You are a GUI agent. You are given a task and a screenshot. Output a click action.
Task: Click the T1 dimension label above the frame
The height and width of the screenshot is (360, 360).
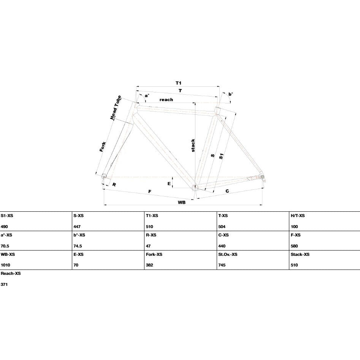click(x=178, y=83)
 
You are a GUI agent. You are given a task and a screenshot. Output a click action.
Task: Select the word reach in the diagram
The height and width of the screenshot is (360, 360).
click(x=166, y=100)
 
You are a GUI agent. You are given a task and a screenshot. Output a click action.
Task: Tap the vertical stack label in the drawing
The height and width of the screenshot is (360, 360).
click(x=193, y=145)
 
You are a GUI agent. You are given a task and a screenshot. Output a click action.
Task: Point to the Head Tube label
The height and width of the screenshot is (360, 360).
click(x=116, y=108)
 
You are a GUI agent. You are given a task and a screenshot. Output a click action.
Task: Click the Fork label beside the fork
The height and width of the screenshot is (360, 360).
click(x=103, y=147)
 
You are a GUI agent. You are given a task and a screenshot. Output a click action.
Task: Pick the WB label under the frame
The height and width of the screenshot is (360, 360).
click(x=182, y=202)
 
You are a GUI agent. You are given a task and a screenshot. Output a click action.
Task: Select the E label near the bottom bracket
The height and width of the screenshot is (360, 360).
click(x=169, y=184)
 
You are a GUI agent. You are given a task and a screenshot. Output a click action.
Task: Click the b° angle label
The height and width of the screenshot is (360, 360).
click(x=230, y=94)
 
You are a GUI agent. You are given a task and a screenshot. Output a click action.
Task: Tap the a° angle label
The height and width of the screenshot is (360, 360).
click(x=147, y=95)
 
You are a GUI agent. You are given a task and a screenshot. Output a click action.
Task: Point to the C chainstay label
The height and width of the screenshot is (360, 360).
click(x=227, y=191)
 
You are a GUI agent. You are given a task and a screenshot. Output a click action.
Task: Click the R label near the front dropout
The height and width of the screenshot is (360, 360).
click(x=114, y=184)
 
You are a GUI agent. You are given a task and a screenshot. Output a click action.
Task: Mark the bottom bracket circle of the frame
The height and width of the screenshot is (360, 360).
click(x=195, y=187)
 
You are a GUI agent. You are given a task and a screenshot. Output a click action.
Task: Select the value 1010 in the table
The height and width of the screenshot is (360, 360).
click(x=5, y=265)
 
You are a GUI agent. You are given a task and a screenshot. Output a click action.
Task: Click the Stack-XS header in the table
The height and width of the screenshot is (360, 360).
click(x=300, y=254)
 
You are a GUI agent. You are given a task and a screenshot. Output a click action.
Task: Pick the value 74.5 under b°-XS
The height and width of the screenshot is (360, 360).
click(x=78, y=246)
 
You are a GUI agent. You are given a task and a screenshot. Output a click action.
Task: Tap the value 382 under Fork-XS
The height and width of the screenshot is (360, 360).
click(x=149, y=265)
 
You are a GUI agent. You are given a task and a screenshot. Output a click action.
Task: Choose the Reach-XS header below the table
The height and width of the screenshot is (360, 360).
click(x=11, y=273)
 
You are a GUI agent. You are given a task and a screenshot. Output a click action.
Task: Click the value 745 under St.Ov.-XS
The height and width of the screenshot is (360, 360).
click(x=222, y=265)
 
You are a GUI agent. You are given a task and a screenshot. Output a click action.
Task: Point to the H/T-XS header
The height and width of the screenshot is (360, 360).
click(x=298, y=216)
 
